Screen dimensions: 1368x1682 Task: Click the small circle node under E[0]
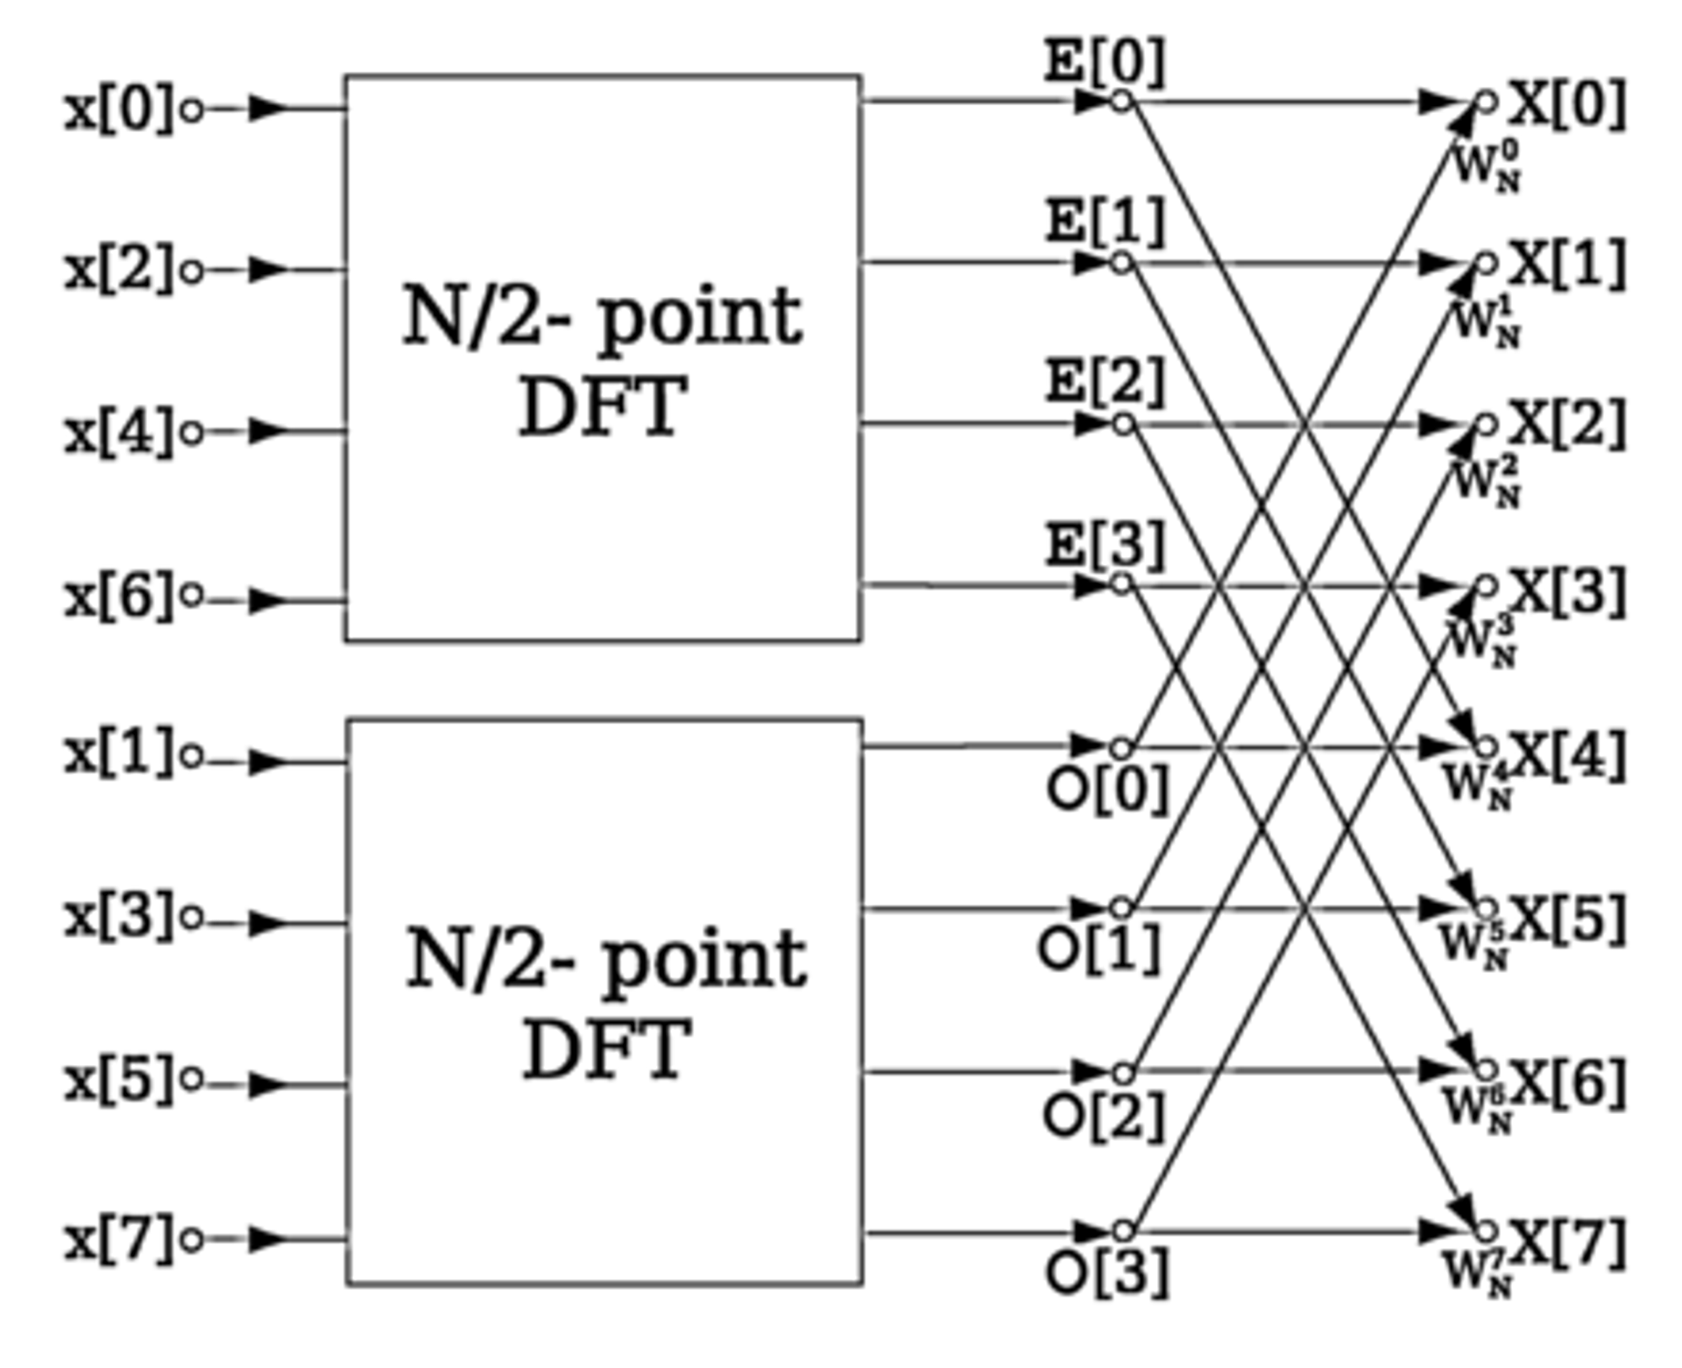pos(1121,101)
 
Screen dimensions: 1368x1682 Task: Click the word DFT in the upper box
pos(602,407)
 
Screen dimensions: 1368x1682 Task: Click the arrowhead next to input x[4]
pos(267,431)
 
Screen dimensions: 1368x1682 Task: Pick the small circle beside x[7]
pos(192,1240)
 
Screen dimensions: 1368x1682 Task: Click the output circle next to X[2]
pos(1487,425)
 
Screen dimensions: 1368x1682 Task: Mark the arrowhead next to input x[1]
pos(267,762)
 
